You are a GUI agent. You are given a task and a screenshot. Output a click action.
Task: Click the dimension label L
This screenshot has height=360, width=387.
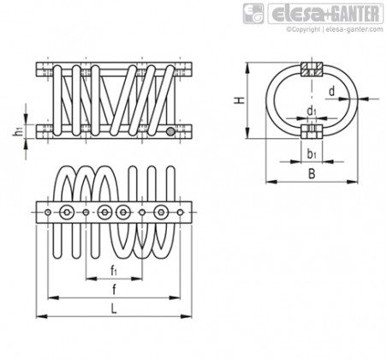(114, 309)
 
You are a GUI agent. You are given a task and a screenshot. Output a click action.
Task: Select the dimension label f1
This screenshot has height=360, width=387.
(114, 270)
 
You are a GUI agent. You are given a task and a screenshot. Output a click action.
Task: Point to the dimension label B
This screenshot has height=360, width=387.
(312, 174)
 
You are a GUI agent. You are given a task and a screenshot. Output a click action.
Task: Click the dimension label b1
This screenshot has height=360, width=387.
(312, 154)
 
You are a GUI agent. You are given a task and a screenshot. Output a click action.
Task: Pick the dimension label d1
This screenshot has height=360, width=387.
(312, 111)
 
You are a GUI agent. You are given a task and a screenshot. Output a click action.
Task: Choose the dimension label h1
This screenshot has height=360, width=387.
(18, 132)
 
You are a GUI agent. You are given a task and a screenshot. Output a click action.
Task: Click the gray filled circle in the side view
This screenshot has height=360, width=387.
(170, 132)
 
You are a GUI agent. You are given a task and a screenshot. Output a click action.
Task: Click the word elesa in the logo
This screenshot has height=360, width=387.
(298, 15)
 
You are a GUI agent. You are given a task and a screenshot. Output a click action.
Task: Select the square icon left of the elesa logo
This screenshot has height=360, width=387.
(253, 14)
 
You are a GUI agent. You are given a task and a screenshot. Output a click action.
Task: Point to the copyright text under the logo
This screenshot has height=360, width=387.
(335, 29)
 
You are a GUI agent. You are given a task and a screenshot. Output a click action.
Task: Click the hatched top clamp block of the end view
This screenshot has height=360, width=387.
(312, 69)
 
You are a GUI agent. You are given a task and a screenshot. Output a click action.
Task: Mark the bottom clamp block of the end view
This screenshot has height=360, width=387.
(312, 131)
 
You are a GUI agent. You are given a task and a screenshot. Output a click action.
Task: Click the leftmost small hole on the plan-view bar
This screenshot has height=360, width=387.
(48, 213)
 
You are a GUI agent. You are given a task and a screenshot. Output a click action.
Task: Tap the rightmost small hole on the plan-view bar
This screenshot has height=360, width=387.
(180, 213)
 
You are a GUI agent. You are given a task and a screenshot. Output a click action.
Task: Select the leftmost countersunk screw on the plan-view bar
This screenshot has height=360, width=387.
(67, 213)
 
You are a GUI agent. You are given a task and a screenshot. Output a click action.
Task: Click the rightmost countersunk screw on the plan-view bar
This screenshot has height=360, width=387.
(161, 213)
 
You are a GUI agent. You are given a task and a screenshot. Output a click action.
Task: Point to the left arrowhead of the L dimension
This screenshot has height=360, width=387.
(42, 316)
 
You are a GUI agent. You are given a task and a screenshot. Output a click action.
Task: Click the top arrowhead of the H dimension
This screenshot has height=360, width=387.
(247, 69)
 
